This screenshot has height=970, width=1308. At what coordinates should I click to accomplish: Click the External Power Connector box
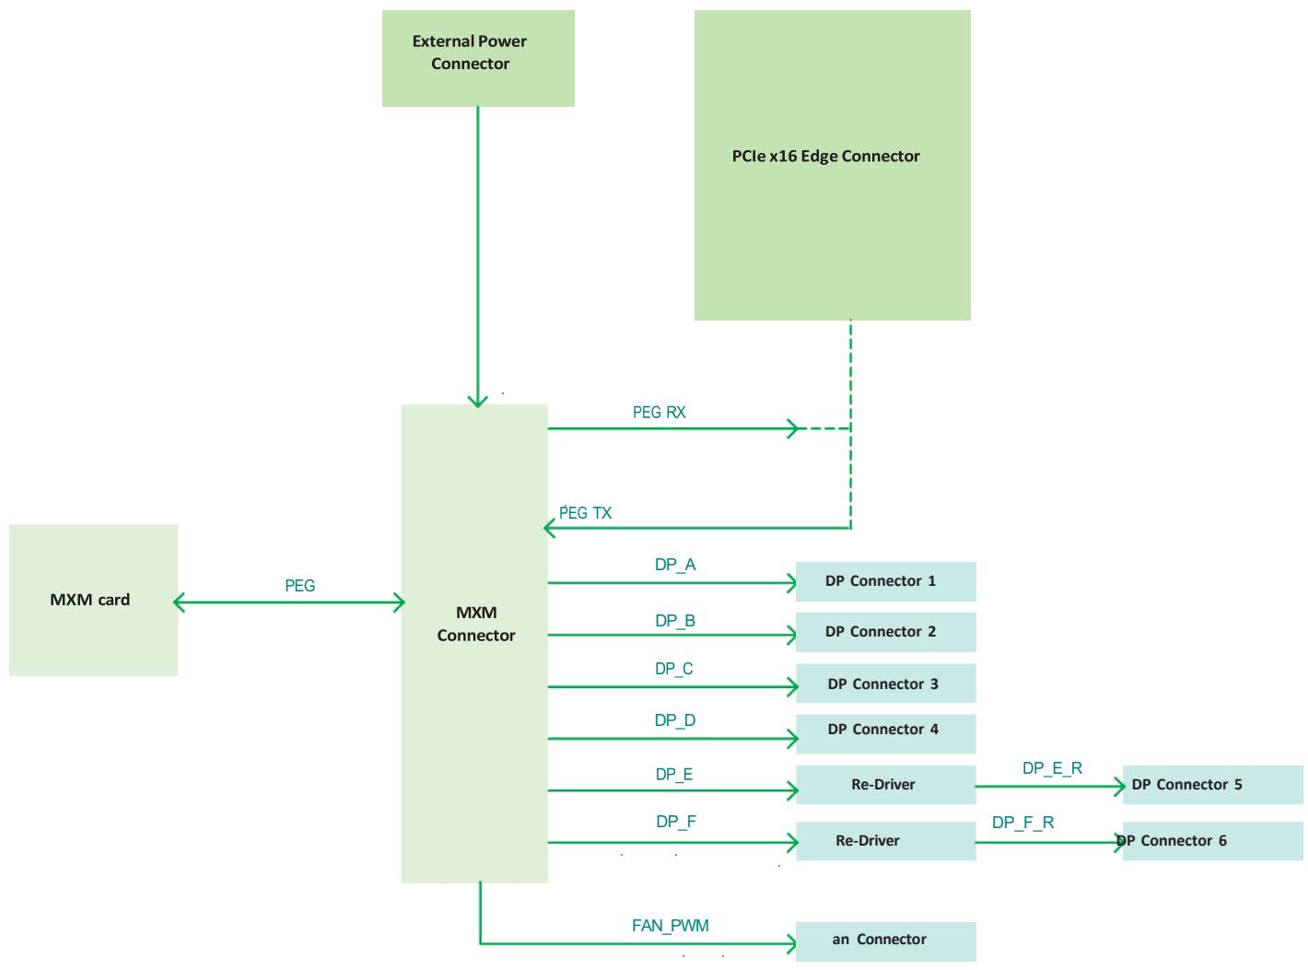pos(478,58)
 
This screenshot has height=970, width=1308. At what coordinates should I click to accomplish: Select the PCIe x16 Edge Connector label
pos(825,156)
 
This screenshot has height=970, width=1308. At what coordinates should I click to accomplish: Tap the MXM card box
pos(93,600)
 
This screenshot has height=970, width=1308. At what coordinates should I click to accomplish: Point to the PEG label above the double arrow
pos(299,585)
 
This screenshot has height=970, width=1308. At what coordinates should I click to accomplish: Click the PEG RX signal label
pos(659,412)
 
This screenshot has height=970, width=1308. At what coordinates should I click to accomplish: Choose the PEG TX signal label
pos(585,513)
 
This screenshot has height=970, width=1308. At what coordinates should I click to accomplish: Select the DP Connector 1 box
pos(885,581)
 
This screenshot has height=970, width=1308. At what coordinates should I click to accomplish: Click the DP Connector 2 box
pos(885,632)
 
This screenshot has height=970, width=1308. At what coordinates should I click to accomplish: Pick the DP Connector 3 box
pos(885,684)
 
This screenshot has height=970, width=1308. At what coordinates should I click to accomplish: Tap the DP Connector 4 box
pos(885,733)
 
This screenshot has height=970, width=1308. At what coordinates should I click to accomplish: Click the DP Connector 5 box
pos(1212,785)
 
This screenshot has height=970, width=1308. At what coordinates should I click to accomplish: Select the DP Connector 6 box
pos(1212,841)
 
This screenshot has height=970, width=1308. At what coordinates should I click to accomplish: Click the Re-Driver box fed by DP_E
pos(885,785)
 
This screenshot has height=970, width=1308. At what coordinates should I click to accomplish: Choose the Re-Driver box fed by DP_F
pos(885,841)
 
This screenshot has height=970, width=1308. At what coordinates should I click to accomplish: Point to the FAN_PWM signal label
pos(670,925)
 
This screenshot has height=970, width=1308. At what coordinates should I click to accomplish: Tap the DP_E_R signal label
pos(1052,767)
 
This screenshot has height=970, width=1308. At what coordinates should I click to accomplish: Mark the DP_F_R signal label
pos(1022,822)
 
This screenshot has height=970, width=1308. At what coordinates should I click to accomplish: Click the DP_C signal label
pos(673,669)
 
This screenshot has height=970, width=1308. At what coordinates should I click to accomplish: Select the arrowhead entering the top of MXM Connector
pos(478,402)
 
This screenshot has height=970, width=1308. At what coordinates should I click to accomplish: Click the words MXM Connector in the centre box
pos(476,624)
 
